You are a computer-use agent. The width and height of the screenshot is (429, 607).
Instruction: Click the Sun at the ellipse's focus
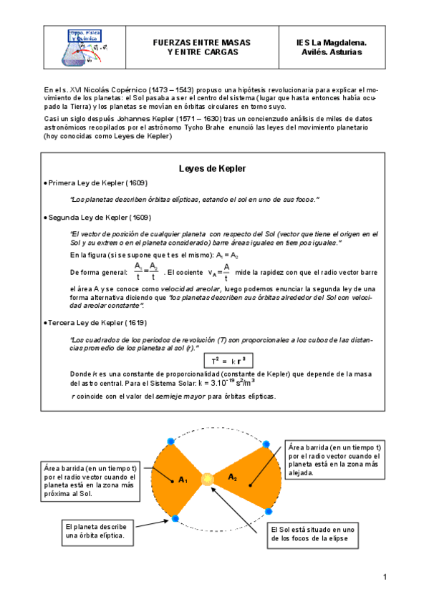(x=207, y=477)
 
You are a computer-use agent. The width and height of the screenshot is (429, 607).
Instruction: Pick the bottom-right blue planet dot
(x=268, y=511)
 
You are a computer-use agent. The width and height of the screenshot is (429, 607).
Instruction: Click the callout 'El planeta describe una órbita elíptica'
(x=97, y=530)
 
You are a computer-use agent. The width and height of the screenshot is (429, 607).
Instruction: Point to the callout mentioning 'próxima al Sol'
(x=92, y=480)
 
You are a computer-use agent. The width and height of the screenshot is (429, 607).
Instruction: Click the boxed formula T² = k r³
(x=228, y=360)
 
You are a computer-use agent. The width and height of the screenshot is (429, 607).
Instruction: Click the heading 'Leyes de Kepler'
(x=211, y=168)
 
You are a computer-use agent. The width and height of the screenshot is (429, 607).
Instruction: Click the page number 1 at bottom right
(x=384, y=577)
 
